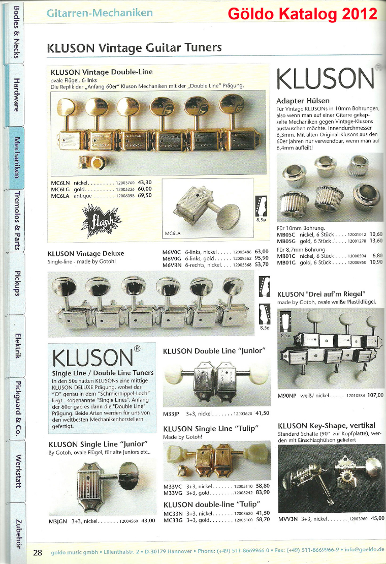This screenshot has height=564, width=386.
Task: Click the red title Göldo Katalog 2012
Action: click(x=303, y=14)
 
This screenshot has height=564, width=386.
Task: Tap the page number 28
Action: click(x=38, y=553)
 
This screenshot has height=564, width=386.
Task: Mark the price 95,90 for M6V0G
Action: click(x=261, y=258)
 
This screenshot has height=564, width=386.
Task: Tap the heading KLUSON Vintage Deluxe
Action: click(x=85, y=253)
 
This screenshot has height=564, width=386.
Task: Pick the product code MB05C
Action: click(x=286, y=235)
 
